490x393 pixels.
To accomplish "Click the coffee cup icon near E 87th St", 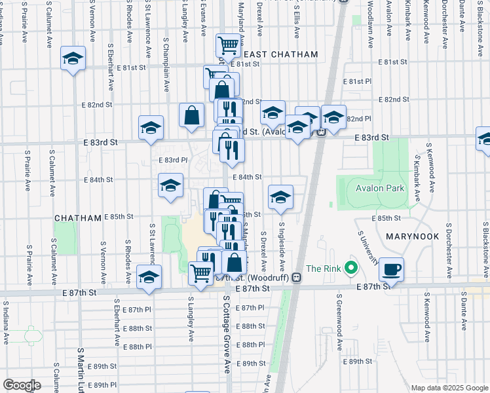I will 391,269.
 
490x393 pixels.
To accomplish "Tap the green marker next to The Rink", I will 351,269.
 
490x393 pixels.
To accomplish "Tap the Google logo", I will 22,384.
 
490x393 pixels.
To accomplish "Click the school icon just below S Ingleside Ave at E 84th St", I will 280,197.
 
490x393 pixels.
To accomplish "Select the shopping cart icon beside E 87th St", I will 201,273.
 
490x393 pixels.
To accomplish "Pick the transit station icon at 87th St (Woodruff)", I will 296,277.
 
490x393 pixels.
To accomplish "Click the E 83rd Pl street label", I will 174,159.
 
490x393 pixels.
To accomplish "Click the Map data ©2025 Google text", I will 449,388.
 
